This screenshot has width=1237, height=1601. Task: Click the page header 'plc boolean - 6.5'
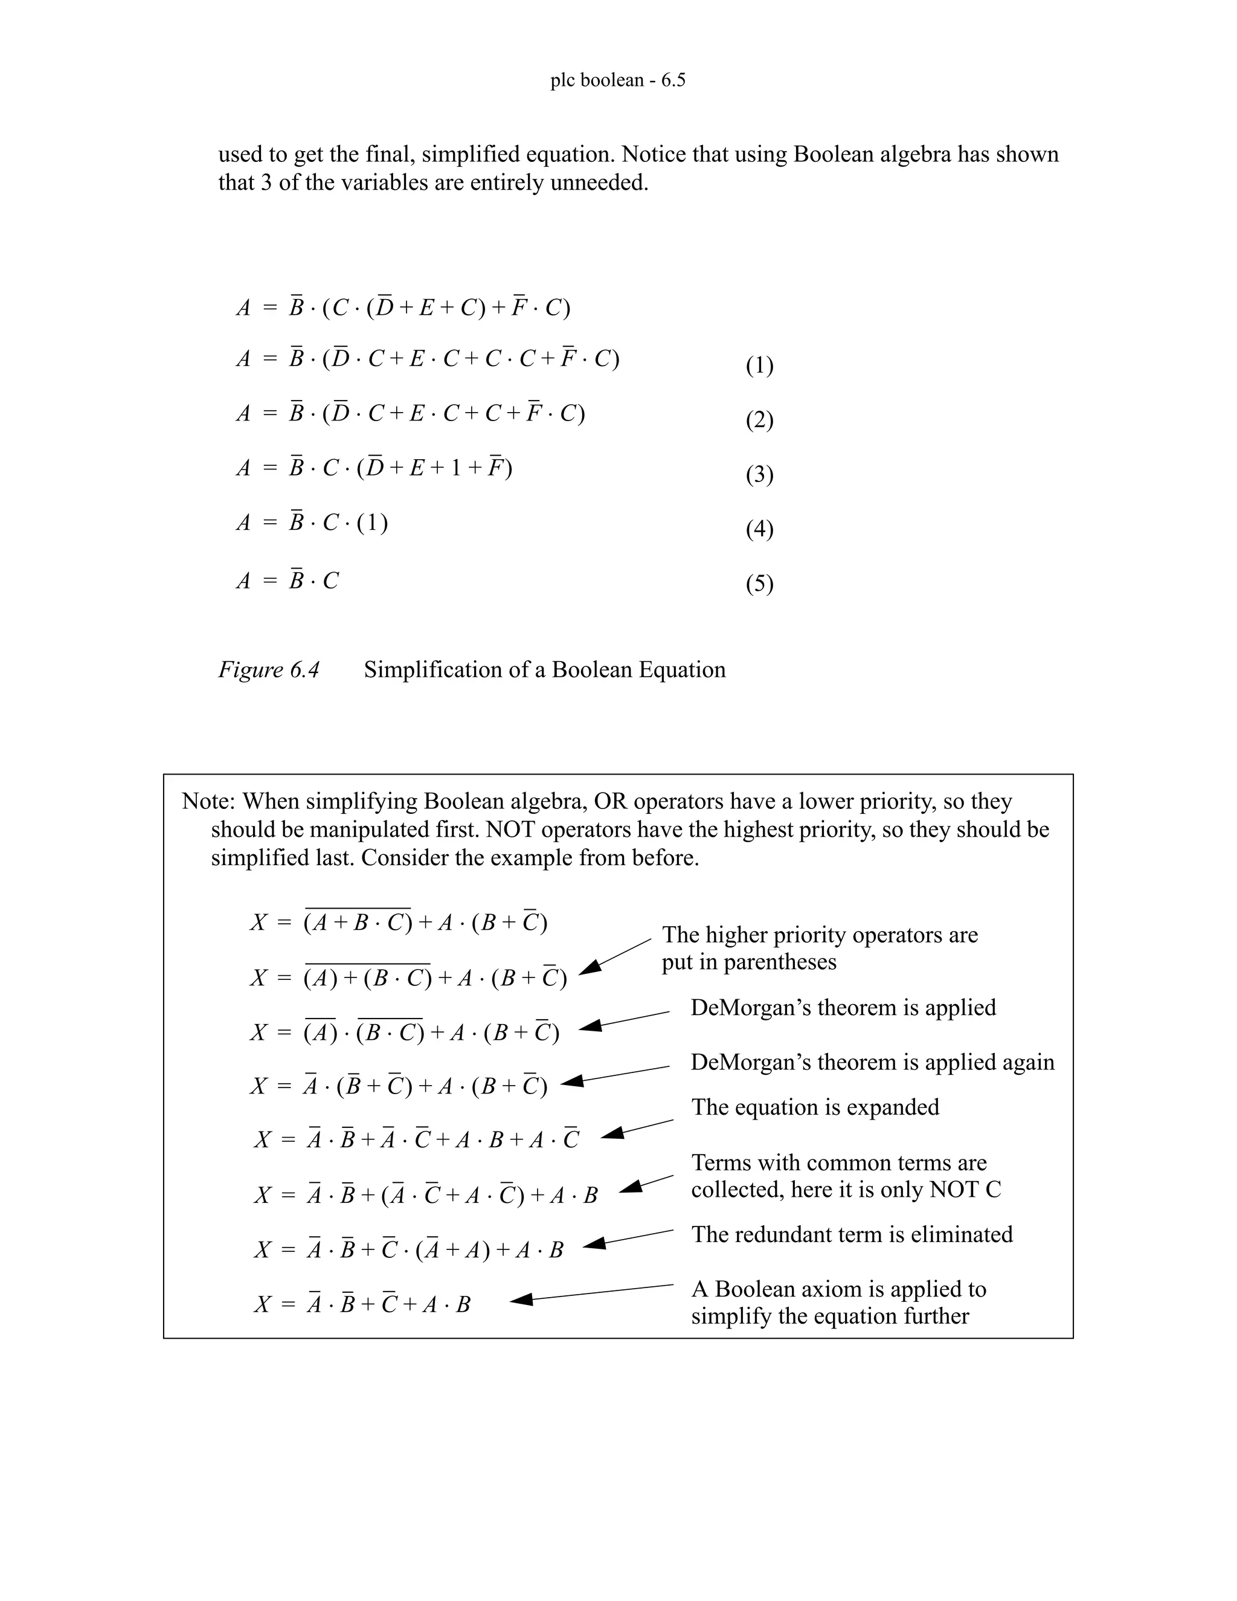pyautogui.click(x=618, y=80)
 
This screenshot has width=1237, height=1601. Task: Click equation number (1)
pyautogui.click(x=759, y=365)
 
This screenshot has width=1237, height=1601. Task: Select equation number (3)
pyautogui.click(x=759, y=475)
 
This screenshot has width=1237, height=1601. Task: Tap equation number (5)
pyautogui.click(x=759, y=584)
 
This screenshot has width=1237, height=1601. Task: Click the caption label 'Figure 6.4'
pyautogui.click(x=269, y=670)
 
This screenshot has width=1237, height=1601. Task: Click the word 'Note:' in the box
pyautogui.click(x=209, y=801)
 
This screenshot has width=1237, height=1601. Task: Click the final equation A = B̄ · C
pyautogui.click(x=288, y=581)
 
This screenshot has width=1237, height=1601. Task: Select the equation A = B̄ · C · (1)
pyautogui.click(x=312, y=523)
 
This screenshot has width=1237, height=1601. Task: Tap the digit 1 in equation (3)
pyautogui.click(x=456, y=468)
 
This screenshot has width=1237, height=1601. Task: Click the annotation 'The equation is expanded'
pyautogui.click(x=815, y=1107)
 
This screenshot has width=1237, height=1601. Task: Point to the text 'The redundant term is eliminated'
pyautogui.click(x=852, y=1234)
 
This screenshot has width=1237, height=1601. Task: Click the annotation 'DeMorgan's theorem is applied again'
pyautogui.click(x=872, y=1062)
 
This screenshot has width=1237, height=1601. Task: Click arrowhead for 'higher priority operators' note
pyautogui.click(x=591, y=969)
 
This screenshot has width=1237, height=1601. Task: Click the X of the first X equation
pyautogui.click(x=259, y=922)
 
